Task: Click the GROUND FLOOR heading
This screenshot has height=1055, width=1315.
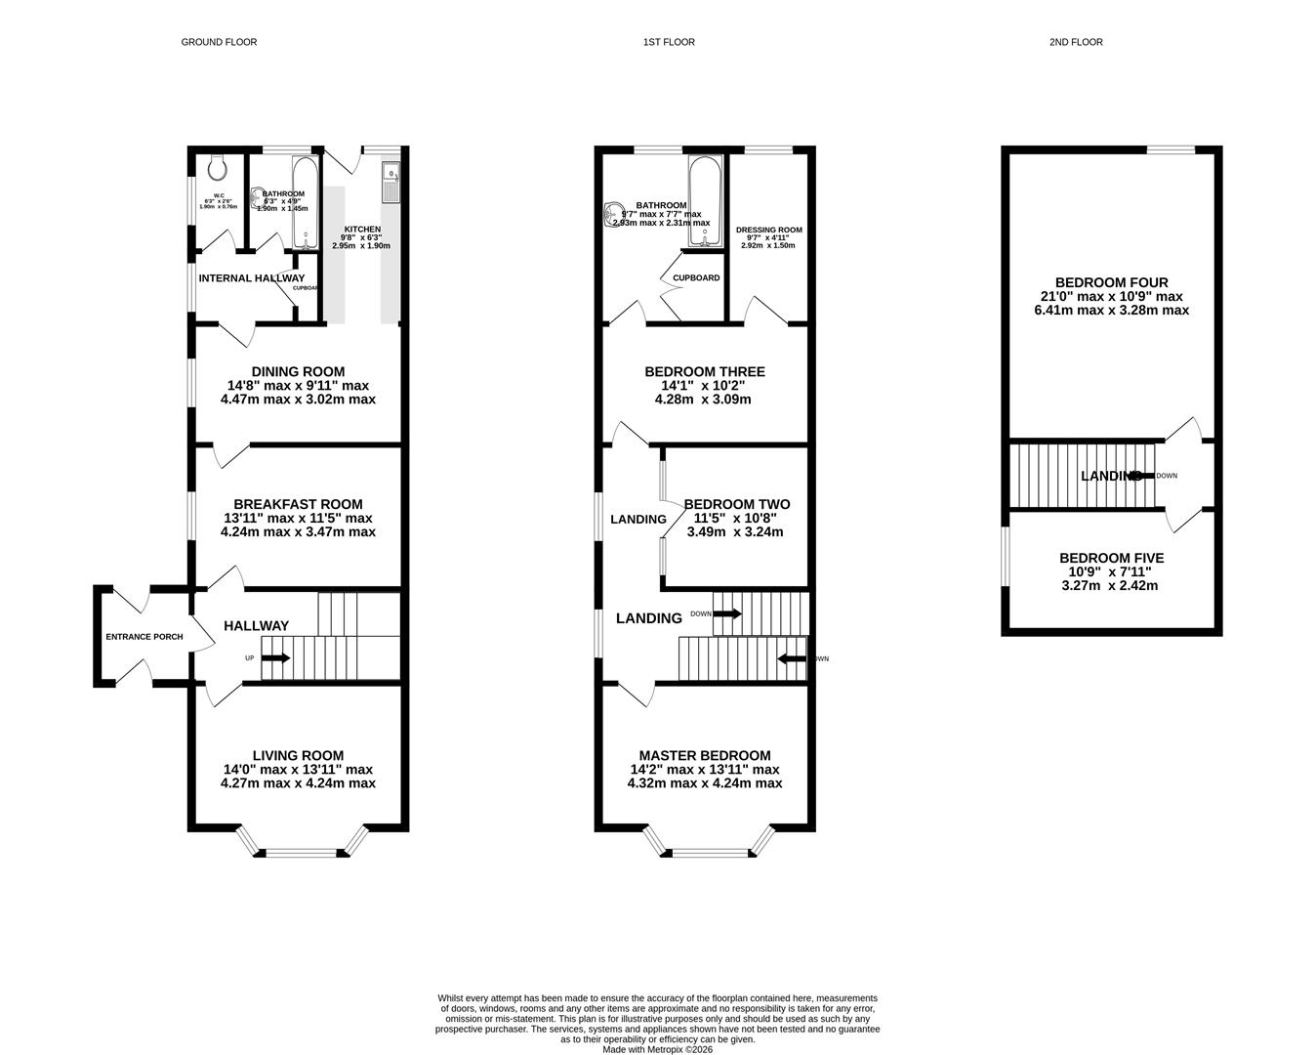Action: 219,42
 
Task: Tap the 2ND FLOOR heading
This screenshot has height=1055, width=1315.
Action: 1076,42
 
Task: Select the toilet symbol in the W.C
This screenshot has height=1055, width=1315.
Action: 217,168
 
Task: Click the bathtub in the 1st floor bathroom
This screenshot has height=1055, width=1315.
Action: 705,200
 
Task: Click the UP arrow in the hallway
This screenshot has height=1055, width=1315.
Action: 273,657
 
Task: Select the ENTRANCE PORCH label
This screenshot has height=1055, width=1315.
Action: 144,637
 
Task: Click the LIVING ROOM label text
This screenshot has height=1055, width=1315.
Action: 298,755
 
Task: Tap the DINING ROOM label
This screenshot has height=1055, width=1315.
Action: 298,371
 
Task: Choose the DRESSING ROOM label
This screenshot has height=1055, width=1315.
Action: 768,231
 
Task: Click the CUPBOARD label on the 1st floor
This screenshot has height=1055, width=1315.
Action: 696,278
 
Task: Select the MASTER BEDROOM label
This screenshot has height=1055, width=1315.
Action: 704,755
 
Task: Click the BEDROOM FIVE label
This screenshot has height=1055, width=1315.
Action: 1111,558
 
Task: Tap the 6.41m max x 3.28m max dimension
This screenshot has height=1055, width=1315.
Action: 1111,311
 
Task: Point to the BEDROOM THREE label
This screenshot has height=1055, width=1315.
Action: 704,371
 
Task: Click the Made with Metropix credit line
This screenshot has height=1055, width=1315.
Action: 657,1049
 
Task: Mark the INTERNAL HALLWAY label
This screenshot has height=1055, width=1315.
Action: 251,278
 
